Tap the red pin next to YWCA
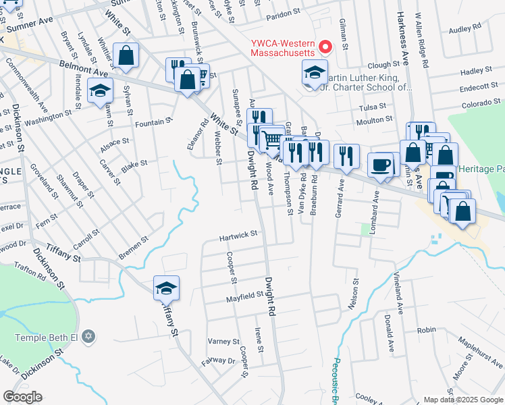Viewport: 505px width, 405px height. tap(326, 47)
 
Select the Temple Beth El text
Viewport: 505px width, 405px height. tap(49, 337)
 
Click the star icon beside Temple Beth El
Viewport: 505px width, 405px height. tap(90, 337)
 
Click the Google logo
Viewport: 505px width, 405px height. tap(22, 397)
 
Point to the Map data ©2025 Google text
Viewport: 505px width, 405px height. tap(462, 400)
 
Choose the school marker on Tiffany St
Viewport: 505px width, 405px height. tap(166, 288)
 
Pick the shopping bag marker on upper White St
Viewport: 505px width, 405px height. tap(126, 55)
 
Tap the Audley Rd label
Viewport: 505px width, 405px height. tap(464, 28)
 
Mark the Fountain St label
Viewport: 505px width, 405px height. tap(150, 123)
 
